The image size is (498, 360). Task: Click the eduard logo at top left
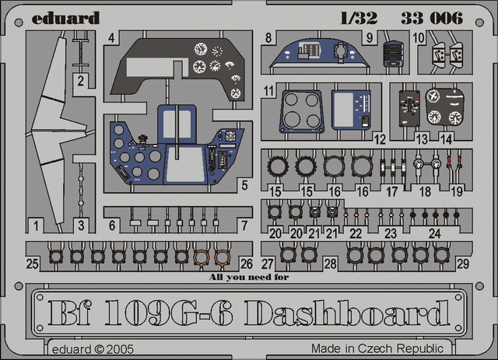tap(65, 19)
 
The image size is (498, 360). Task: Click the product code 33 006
tap(432, 18)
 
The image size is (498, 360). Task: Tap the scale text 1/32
tap(359, 18)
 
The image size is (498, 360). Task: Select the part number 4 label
tap(110, 38)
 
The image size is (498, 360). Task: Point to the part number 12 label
tap(379, 139)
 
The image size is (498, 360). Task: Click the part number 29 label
tap(462, 264)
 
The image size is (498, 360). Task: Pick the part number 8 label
tap(268, 38)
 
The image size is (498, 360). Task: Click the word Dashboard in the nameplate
tap(348, 313)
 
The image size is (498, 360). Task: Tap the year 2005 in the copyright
tap(120, 350)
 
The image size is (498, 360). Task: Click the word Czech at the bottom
tap(376, 348)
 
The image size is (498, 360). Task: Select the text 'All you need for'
tap(249, 277)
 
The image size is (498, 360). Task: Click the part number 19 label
tap(457, 192)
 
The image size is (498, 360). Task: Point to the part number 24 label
tap(434, 234)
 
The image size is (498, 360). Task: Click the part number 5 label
tap(244, 185)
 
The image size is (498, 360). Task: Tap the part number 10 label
tap(419, 38)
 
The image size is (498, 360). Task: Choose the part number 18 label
tap(425, 192)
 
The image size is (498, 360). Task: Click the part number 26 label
tap(247, 264)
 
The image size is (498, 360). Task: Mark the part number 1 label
tap(36, 226)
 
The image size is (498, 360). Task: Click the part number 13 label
tap(422, 139)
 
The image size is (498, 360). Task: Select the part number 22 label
tap(356, 234)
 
